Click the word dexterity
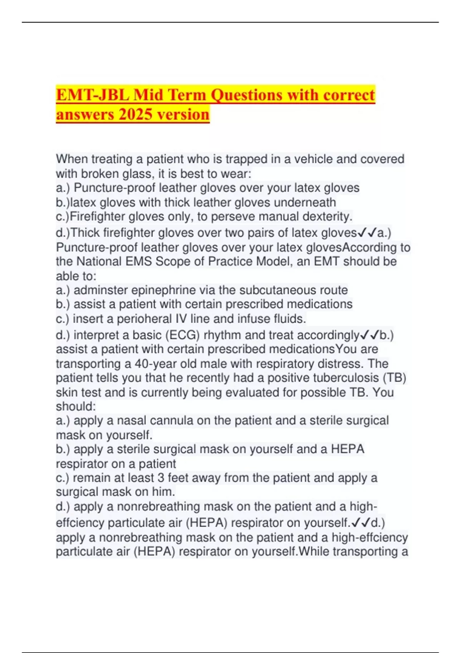click(x=327, y=217)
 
